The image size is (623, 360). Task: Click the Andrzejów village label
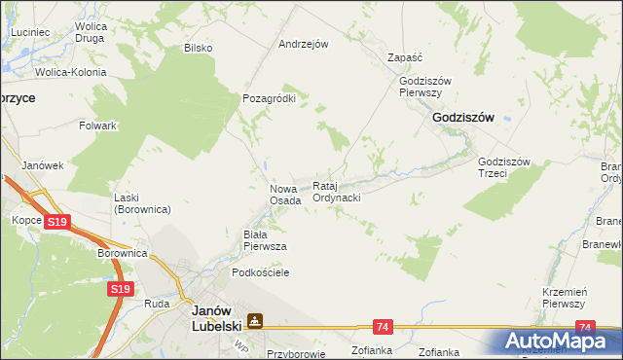(x=304, y=44)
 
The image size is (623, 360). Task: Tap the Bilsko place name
(x=198, y=47)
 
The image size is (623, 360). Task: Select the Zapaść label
(x=403, y=57)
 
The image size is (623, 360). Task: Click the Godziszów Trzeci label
(x=503, y=167)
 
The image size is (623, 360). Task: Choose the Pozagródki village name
(x=268, y=98)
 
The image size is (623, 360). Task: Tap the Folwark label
(x=98, y=126)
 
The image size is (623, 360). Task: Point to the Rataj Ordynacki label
(x=337, y=191)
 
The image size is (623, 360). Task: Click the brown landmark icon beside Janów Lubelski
(x=255, y=320)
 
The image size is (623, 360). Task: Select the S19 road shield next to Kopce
(x=57, y=223)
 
